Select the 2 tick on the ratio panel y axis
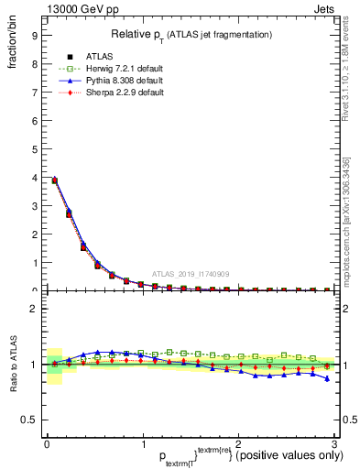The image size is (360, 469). point(33,309)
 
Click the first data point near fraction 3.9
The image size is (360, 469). point(55,180)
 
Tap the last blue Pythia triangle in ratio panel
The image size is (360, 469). point(328,378)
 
